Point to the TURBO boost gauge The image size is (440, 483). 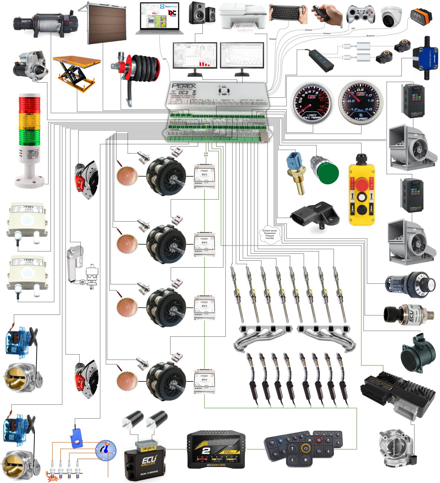(x=361, y=102)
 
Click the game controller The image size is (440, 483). (x=361, y=14)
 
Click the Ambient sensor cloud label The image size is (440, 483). (x=269, y=234)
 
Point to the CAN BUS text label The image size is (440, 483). (x=206, y=154)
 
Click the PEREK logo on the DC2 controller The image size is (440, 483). (x=184, y=86)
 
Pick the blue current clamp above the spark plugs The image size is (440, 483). (x=76, y=437)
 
